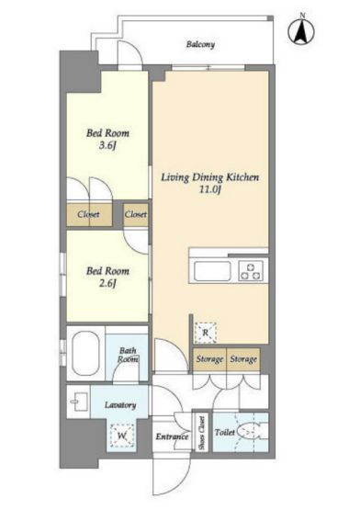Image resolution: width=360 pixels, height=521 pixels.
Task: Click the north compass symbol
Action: click(301, 31)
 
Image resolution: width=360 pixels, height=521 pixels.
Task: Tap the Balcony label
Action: click(200, 44)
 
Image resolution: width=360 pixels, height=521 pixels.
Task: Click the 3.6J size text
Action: click(107, 145)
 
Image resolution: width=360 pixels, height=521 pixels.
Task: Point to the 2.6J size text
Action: click(107, 283)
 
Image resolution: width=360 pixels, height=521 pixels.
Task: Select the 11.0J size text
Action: click(210, 189)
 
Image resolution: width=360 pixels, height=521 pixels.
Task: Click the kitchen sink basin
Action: click(212, 271)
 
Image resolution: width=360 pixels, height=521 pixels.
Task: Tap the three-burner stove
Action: click(251, 271)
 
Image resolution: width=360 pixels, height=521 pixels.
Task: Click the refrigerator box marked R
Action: click(206, 333)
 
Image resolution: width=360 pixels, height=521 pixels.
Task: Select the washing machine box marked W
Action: click(122, 436)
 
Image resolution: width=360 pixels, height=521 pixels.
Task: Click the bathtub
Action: click(85, 353)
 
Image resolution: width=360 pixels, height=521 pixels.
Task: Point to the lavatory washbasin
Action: click(79, 402)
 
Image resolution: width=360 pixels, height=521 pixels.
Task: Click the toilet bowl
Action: click(251, 432)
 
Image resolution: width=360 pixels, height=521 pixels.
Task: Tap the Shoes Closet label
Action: click(202, 433)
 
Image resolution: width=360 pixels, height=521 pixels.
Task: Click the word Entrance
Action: click(172, 436)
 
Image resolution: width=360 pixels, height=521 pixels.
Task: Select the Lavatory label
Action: click(120, 405)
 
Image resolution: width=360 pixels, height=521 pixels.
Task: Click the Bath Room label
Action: click(128, 355)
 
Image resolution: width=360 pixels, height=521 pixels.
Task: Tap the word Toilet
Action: click(225, 432)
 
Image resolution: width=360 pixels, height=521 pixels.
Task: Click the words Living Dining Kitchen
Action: click(210, 177)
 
